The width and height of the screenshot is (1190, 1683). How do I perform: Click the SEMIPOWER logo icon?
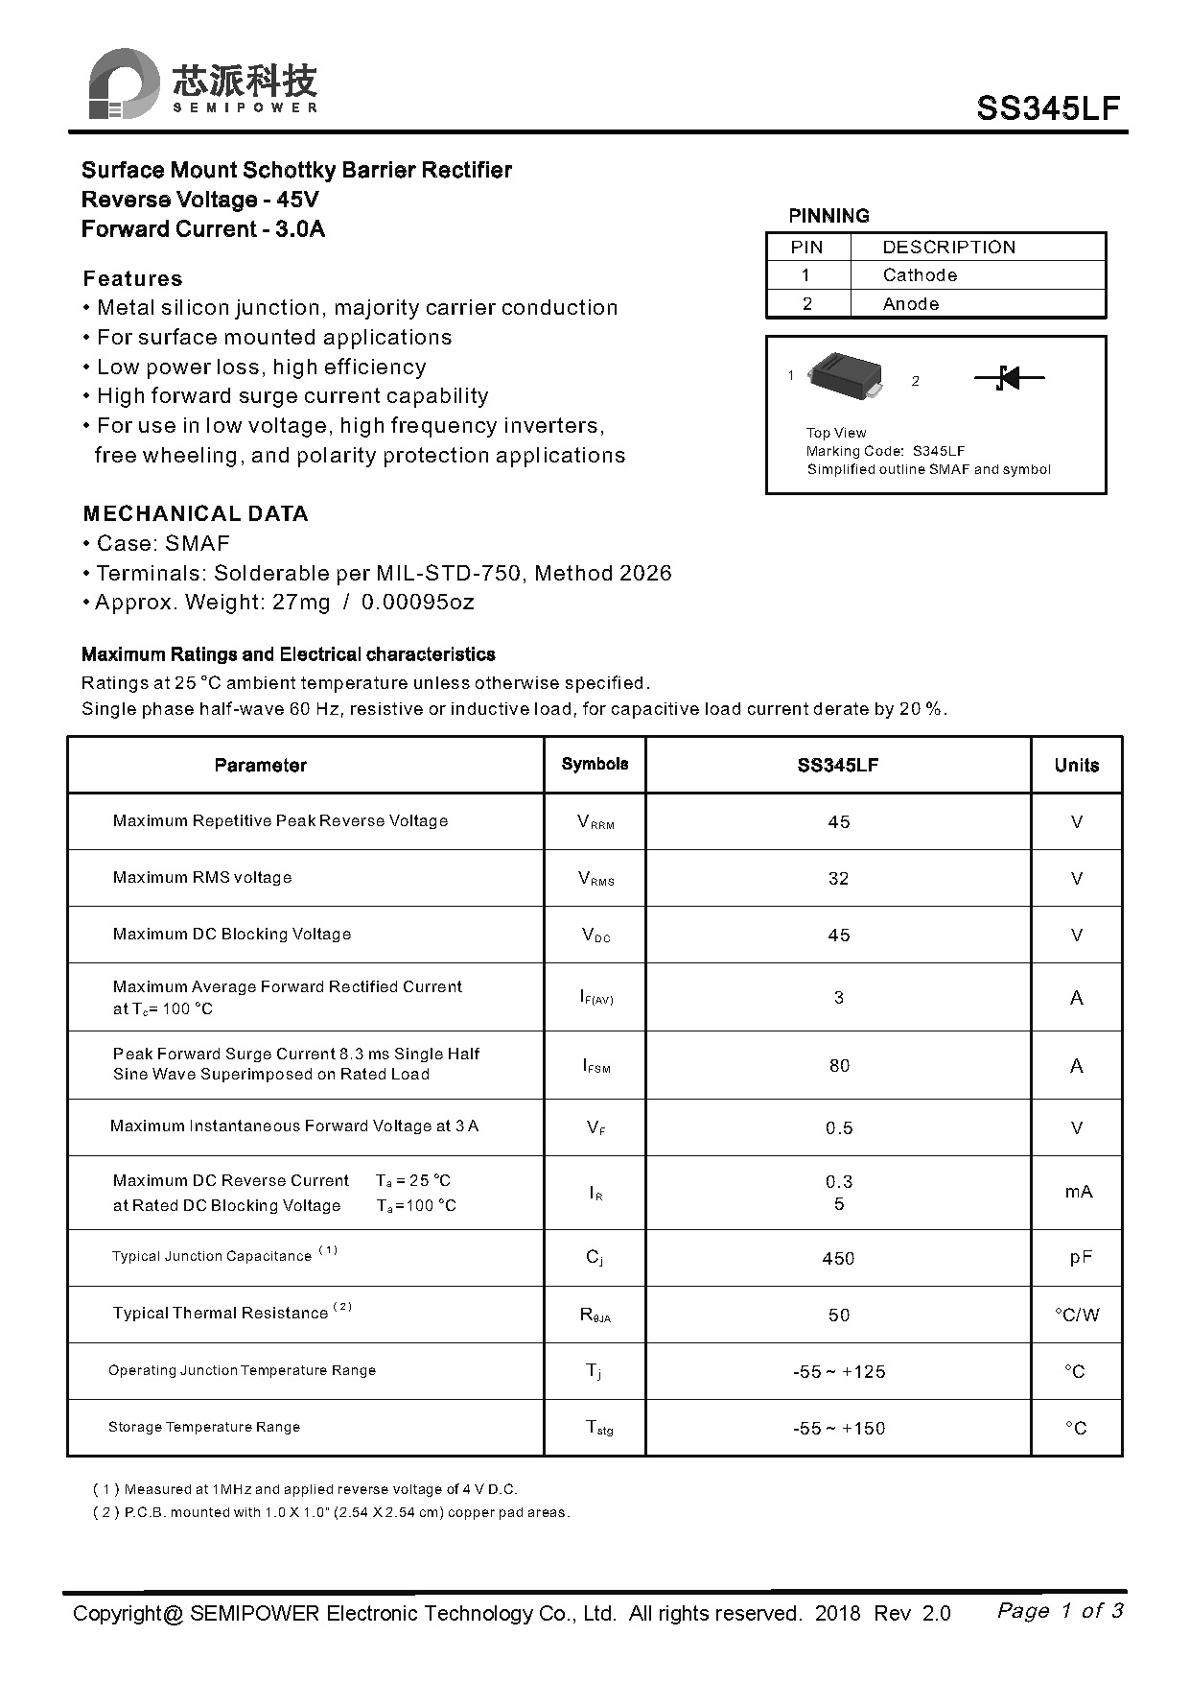(124, 84)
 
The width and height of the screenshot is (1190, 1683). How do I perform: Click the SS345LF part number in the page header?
(1048, 108)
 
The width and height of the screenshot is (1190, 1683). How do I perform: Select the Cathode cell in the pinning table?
(920, 275)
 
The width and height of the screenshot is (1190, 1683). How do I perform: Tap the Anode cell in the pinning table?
(910, 304)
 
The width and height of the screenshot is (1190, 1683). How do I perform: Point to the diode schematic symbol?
(1009, 378)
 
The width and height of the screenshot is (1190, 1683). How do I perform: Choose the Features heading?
(132, 279)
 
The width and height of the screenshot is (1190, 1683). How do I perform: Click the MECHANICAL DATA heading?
(196, 513)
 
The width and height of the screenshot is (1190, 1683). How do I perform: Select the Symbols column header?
(595, 764)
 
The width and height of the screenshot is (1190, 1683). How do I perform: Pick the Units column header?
(1076, 765)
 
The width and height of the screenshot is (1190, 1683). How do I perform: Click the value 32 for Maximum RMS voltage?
(838, 879)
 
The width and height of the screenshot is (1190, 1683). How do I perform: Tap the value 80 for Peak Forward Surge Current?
(839, 1066)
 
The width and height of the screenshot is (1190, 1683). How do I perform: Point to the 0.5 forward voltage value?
(839, 1128)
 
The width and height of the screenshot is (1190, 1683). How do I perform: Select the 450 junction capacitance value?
(838, 1259)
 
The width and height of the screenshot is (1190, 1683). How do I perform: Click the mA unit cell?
(1079, 1192)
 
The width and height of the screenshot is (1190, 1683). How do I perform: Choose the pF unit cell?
(1081, 1258)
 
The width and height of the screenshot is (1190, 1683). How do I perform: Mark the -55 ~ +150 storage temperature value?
(838, 1429)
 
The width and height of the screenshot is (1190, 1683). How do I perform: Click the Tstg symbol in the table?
(599, 1429)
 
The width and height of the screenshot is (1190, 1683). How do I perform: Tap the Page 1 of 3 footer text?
(1060, 1610)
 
